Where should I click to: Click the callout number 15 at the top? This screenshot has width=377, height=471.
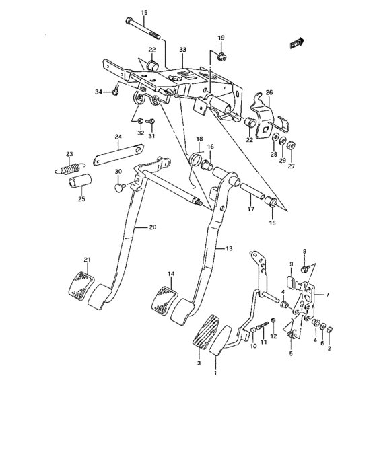(143, 13)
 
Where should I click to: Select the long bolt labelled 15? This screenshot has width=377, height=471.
(143, 28)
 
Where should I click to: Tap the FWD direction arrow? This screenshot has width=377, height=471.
(295, 43)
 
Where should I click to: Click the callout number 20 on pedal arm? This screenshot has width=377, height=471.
(152, 227)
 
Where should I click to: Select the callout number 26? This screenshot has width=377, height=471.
(269, 92)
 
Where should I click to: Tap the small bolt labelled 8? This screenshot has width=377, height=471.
(304, 268)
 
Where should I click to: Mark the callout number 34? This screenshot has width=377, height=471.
(98, 92)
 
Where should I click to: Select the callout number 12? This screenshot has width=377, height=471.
(274, 336)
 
